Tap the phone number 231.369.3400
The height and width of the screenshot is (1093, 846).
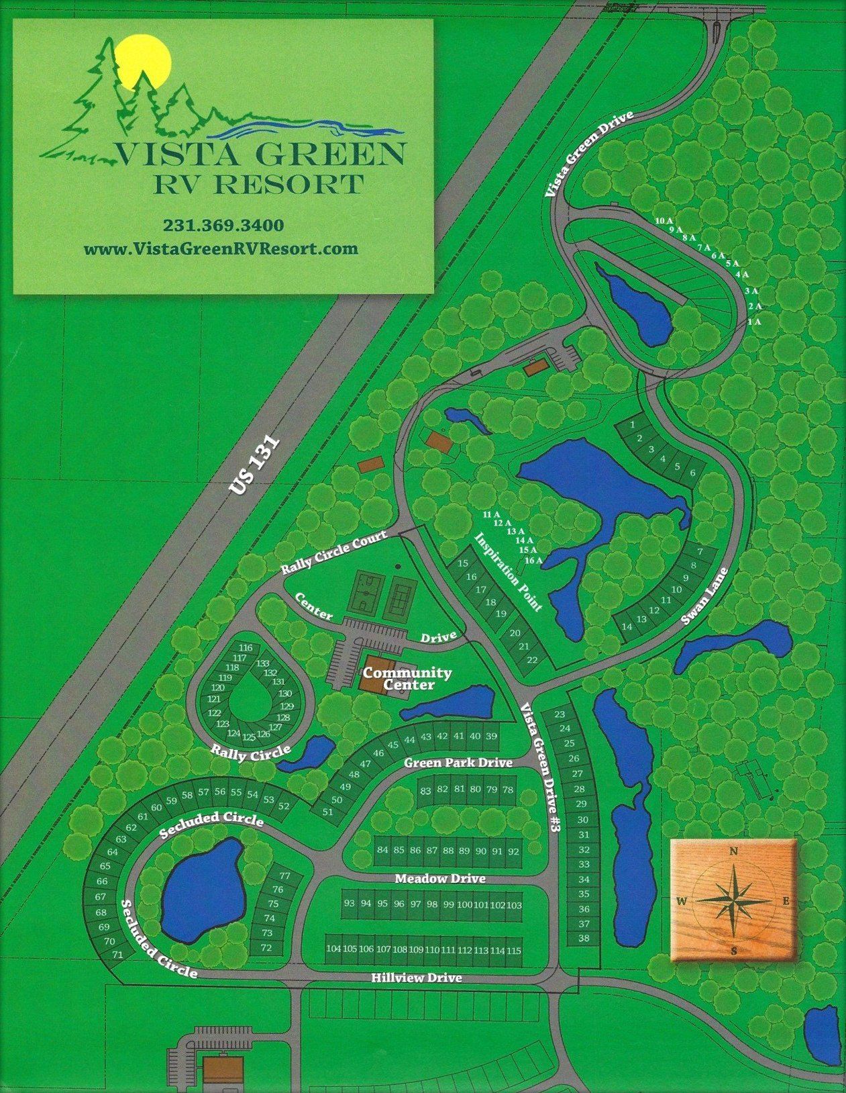click(x=223, y=224)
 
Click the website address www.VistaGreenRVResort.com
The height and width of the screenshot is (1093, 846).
click(x=221, y=248)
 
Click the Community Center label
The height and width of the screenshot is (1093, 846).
click(x=407, y=678)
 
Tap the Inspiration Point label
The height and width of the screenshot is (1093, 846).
click(x=508, y=572)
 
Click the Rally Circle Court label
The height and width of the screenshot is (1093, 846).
click(x=334, y=553)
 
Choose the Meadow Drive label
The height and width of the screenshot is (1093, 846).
click(x=440, y=878)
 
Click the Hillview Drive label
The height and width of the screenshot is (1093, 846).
click(x=417, y=978)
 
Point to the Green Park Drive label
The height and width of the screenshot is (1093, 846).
click(x=458, y=763)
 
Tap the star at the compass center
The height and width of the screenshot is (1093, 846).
click(x=734, y=900)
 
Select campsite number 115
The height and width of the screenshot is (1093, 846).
click(x=514, y=950)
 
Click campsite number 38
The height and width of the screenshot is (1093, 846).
click(x=584, y=938)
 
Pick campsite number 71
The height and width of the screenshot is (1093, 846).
click(x=118, y=954)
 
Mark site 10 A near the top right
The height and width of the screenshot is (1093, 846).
click(x=664, y=220)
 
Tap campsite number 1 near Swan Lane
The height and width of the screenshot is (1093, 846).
click(x=633, y=424)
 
